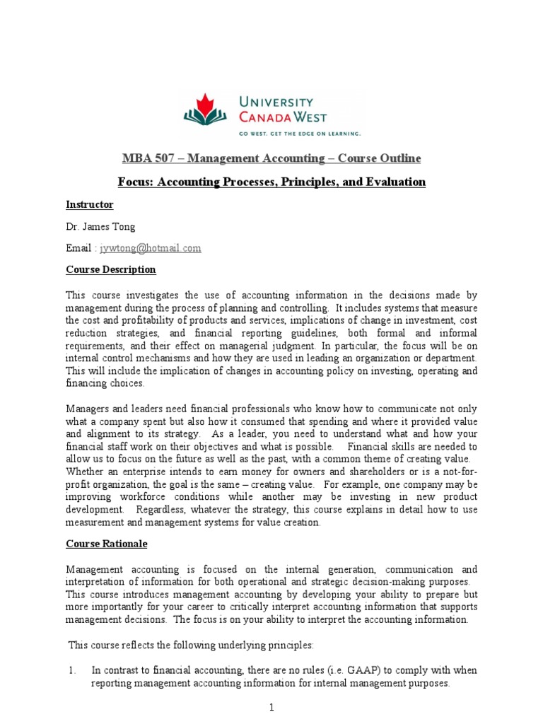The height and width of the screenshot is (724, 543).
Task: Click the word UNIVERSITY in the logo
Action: pos(277,101)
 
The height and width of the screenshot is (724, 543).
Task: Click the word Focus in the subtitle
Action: pos(134,182)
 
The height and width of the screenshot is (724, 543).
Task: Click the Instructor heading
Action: pos(90,204)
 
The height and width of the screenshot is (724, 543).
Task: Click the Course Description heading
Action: pos(111,270)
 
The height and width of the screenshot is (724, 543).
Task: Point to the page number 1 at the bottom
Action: pos(271,707)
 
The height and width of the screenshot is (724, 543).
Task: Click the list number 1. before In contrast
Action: pos(72,670)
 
